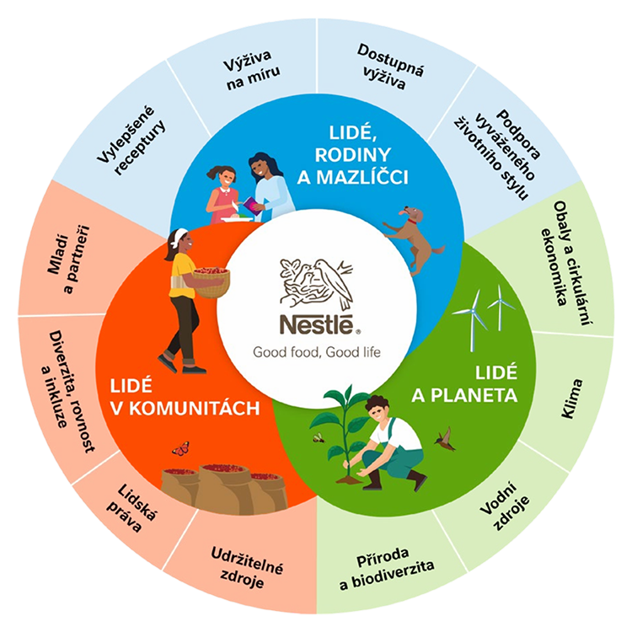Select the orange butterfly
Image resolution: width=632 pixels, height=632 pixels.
[x=180, y=448]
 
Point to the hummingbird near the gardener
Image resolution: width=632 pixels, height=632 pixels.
[x=446, y=439]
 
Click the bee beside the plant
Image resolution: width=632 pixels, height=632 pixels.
[x=319, y=437]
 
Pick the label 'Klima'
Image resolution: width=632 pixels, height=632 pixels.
[x=572, y=399]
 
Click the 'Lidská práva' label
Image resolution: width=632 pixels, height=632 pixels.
[x=131, y=508]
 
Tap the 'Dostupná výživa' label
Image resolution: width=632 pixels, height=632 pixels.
[x=389, y=67]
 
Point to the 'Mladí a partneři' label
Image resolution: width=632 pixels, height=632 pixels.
[x=68, y=260]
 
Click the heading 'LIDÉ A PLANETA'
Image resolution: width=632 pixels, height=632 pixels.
[x=464, y=384]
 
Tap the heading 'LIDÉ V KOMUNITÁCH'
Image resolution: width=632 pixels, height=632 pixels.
[x=185, y=398]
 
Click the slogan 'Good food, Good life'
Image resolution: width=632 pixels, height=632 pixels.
[x=316, y=352]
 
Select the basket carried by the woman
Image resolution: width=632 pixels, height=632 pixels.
[x=212, y=282]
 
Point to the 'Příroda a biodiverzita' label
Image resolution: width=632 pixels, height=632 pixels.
[x=386, y=569]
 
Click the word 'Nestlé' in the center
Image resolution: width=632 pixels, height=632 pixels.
[x=317, y=325]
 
